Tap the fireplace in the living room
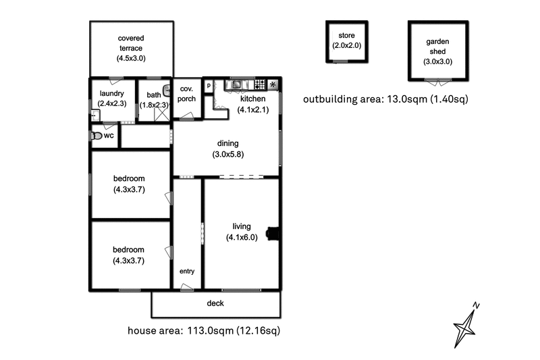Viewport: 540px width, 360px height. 273,234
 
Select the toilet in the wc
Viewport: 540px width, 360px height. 97,136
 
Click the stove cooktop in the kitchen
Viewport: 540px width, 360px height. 259,85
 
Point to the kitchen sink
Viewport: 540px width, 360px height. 236,85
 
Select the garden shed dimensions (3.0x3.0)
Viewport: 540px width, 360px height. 437,61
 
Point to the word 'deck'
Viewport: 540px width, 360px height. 215,303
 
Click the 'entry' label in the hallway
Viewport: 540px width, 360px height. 187,272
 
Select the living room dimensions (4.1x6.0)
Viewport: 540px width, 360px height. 242,237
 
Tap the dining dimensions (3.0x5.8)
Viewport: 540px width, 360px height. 227,154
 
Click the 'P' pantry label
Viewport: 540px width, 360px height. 209,85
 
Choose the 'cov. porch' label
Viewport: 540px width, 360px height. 186,93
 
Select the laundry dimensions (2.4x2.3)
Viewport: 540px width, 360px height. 111,105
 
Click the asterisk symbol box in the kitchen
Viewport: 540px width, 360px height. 273,85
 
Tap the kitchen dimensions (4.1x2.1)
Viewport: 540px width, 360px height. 253,109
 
